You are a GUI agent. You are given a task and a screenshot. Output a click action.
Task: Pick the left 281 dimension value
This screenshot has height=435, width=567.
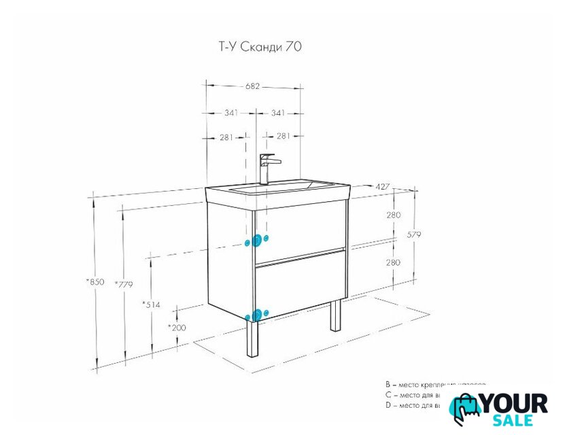tap(226, 137)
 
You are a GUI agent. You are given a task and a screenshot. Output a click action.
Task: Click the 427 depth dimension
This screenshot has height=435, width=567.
tap(382, 186)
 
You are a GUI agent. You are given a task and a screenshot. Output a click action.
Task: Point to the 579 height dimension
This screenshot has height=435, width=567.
tap(414, 234)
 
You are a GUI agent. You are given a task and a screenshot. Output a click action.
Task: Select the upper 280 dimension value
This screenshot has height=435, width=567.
tap(393, 215)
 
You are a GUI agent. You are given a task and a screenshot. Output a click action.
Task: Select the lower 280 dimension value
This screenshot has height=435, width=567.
tap(393, 262)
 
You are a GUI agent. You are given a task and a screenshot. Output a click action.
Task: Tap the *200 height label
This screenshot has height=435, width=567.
tap(177, 327)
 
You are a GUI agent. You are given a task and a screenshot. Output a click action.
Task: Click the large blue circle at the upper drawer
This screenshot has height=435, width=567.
tap(257, 241)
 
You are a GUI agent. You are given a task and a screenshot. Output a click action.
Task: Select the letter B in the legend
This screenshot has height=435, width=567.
tap(387, 385)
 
